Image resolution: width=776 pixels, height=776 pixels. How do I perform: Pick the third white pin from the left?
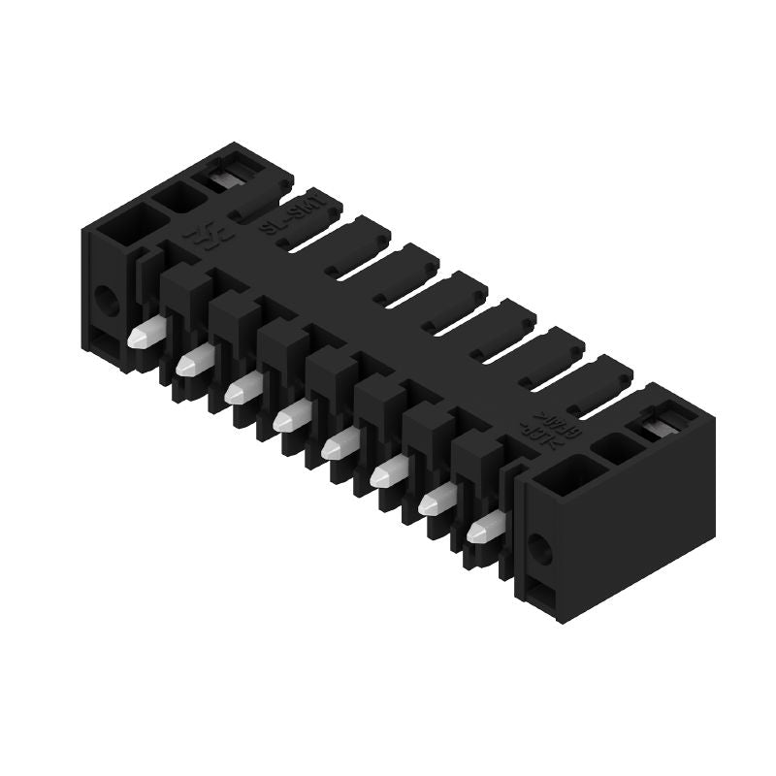(242, 389)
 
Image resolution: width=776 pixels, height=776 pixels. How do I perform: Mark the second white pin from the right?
(436, 500)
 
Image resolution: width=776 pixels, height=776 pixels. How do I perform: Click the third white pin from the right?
(388, 472)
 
